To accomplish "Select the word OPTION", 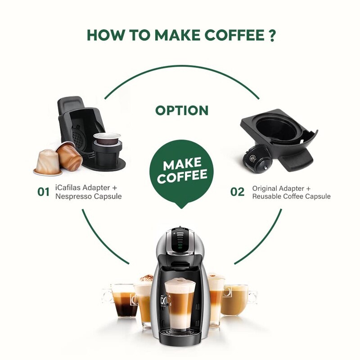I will (x=182, y=110).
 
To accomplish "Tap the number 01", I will (x=43, y=192).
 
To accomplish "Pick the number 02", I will (x=237, y=192).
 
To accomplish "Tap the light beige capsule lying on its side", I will (x=47, y=163).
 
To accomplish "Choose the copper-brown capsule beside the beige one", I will (x=70, y=155).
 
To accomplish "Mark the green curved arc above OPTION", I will (x=182, y=67).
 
